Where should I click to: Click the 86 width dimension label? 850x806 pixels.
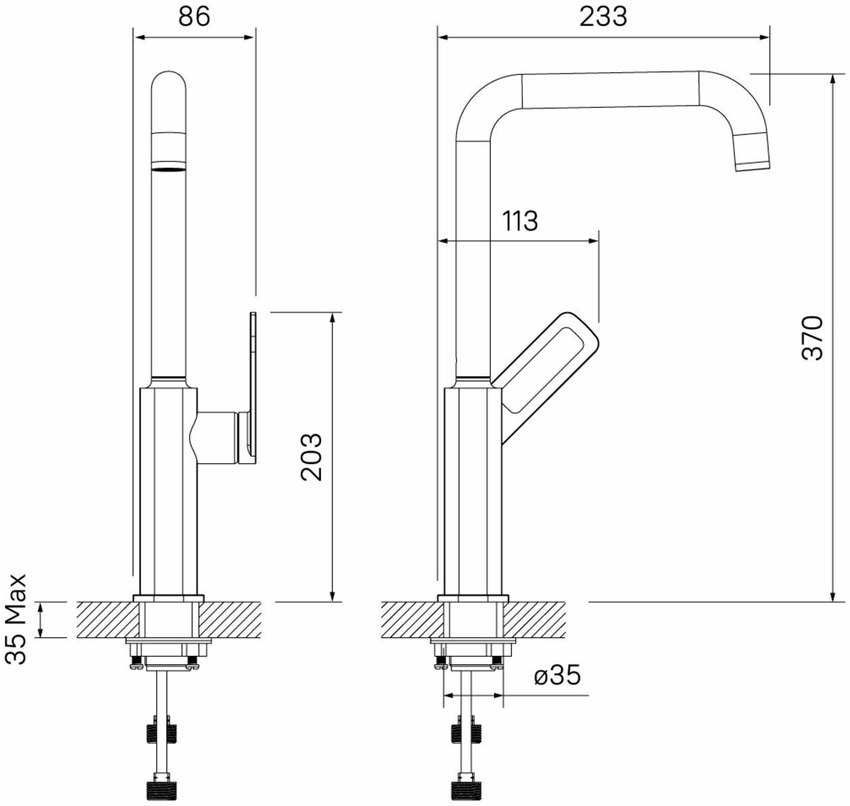[x=194, y=17]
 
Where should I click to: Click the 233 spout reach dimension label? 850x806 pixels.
[x=603, y=17]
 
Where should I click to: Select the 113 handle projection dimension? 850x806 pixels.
[x=520, y=221]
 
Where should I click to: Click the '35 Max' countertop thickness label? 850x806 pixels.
[x=16, y=620]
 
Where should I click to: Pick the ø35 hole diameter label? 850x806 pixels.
[x=557, y=675]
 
